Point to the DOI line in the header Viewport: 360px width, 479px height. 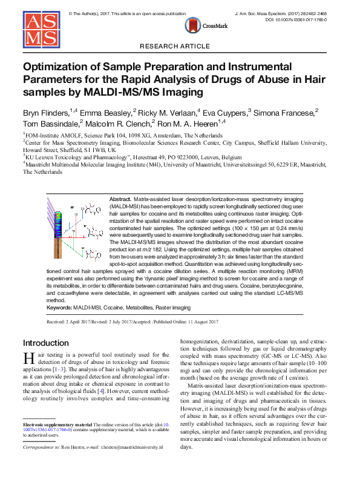[x=301, y=20]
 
